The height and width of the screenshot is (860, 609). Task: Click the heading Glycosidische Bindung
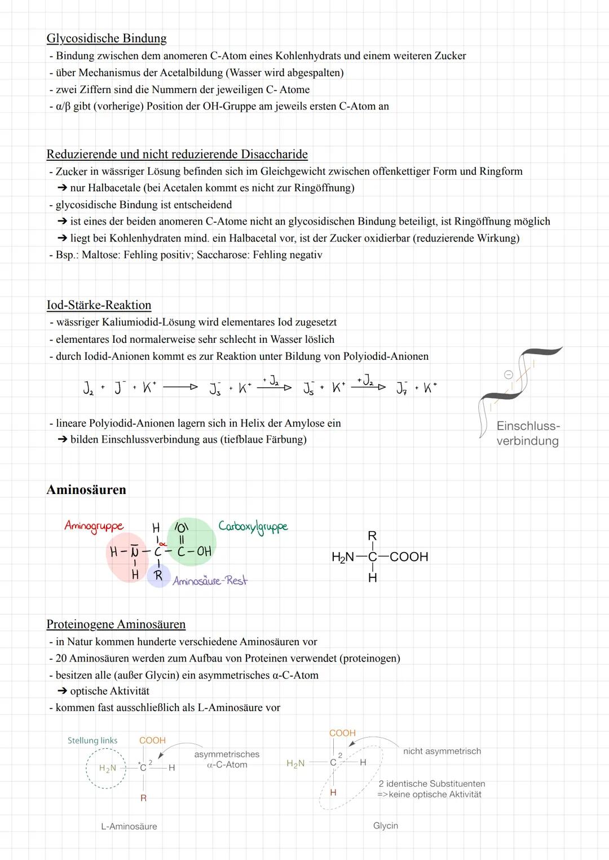click(107, 38)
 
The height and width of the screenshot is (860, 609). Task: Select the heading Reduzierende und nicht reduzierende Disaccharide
click(177, 154)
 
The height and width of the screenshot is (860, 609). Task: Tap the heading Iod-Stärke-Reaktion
click(99, 305)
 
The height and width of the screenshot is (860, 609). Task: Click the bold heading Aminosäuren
click(86, 489)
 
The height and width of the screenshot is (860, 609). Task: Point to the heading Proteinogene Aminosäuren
click(116, 624)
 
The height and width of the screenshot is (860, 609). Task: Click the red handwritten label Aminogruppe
click(94, 526)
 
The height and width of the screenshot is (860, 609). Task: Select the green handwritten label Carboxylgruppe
click(253, 526)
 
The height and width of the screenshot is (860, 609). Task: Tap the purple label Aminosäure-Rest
click(210, 581)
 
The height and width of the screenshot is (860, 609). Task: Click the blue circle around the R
click(158, 577)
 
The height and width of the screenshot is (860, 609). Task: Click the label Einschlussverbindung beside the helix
click(528, 434)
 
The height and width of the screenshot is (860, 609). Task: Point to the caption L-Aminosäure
click(129, 826)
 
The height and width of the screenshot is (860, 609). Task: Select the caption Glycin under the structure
click(386, 826)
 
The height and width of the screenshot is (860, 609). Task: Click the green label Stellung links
click(92, 740)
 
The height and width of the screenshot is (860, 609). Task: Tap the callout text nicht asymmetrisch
click(442, 751)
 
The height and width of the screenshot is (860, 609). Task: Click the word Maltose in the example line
click(100, 255)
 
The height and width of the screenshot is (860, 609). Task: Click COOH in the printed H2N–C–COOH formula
click(409, 557)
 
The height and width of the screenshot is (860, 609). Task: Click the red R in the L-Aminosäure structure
click(143, 798)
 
